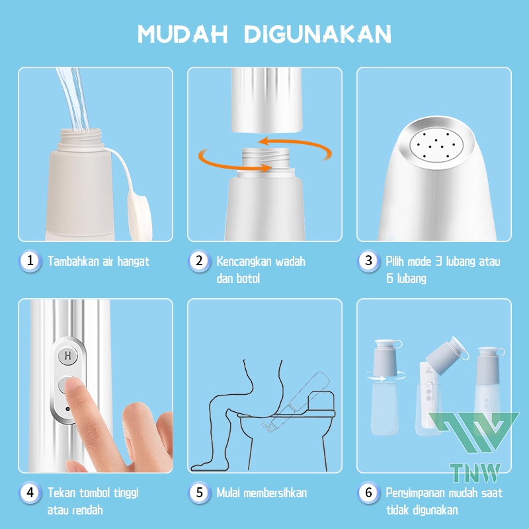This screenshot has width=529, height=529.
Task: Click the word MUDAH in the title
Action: point(183,34)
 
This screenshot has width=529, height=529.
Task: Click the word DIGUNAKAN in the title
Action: point(317,34)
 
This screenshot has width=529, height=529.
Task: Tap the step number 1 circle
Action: point(30,261)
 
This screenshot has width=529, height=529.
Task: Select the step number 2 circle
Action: point(200,261)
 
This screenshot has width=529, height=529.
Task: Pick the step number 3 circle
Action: point(369,261)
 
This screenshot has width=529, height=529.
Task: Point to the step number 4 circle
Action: point(30,493)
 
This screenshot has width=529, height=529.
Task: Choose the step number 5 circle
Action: point(200,493)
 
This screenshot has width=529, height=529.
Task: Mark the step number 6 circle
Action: point(369,493)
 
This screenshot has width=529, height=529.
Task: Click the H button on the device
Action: point(68,356)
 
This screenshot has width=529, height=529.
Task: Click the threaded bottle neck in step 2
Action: point(266,160)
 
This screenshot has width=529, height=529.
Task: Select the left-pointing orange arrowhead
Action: point(264,141)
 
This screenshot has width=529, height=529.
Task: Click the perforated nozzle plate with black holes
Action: point(436,145)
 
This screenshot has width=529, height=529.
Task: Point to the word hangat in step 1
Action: point(134,262)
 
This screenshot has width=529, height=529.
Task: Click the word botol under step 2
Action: point(248,278)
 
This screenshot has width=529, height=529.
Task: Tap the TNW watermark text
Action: point(475,473)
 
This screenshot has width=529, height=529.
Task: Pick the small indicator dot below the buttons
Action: point(68,409)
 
